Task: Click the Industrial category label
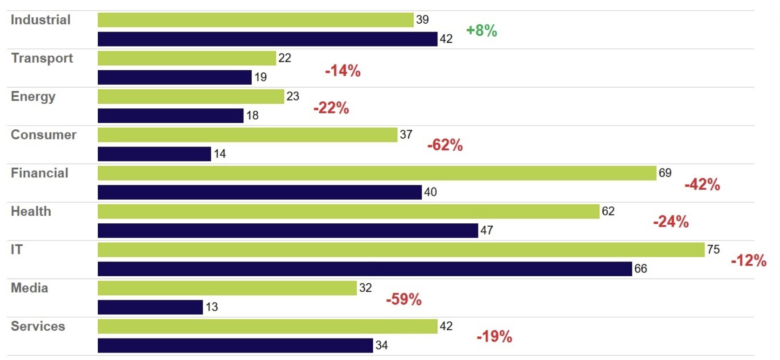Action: pos(40,20)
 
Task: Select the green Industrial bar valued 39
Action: pos(256,20)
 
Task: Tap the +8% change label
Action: pos(482,31)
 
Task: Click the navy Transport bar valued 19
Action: pos(175,77)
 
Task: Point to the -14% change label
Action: pos(343,71)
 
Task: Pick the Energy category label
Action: pos(33,97)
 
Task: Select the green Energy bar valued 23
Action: pos(191,97)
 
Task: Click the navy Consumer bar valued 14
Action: pos(154,154)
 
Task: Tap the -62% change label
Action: pos(445,145)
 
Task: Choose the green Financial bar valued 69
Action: pos(377,173)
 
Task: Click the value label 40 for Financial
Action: pos(430,192)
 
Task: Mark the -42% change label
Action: pos(702,185)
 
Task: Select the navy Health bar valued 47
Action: pos(288,231)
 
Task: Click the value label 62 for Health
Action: pos(608,212)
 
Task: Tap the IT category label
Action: pos(17,250)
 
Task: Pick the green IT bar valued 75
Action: pos(401,250)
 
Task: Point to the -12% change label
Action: pos(748,260)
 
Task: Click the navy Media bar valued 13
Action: pos(150,307)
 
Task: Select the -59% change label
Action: pos(403,299)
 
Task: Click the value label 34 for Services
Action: pos(382,346)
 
